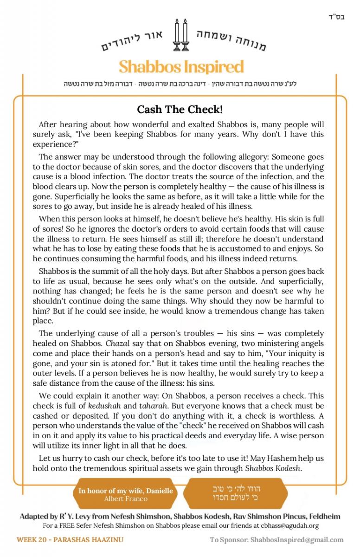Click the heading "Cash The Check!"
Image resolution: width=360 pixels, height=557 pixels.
click(180, 110)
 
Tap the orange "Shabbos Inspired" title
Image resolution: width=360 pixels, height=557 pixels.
click(181, 66)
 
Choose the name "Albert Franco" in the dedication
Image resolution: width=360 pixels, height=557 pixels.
click(126, 499)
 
